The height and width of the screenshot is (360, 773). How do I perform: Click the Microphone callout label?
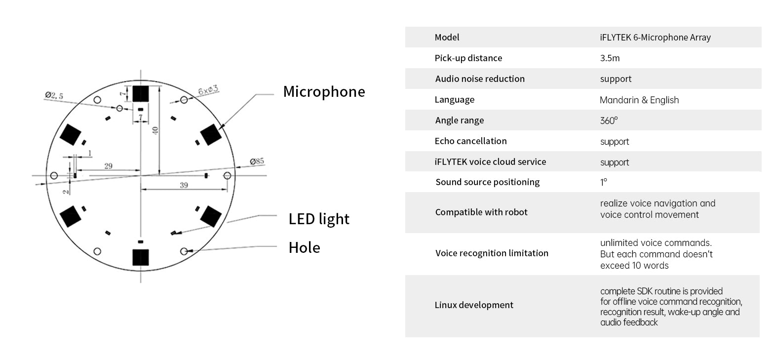click(324, 92)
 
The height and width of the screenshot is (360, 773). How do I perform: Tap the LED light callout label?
click(319, 219)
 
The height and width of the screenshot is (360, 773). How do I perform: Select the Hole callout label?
click(305, 247)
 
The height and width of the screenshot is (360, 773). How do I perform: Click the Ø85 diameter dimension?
click(257, 161)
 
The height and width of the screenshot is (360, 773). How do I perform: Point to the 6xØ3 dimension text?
click(208, 90)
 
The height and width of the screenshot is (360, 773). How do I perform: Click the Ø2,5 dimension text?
click(54, 95)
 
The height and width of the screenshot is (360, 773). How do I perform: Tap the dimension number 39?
click(184, 185)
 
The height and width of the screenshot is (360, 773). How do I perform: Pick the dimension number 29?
click(109, 166)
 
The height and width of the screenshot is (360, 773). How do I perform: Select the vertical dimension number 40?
click(155, 130)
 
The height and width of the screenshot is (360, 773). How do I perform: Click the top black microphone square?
click(141, 93)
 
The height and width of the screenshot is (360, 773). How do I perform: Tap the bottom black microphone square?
click(141, 257)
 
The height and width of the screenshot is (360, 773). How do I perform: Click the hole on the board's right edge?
click(227, 176)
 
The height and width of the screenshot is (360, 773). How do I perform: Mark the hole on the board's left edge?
click(54, 176)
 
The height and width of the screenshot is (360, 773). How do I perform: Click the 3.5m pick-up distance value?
click(610, 58)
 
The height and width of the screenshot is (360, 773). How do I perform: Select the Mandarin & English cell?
click(639, 100)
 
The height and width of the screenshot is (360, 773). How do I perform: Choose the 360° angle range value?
click(609, 120)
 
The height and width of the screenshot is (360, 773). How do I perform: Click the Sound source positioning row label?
click(488, 182)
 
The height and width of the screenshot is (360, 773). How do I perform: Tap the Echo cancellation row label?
click(471, 141)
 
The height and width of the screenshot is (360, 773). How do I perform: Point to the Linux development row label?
click(474, 305)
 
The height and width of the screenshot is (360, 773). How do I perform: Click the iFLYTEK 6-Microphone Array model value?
click(656, 37)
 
